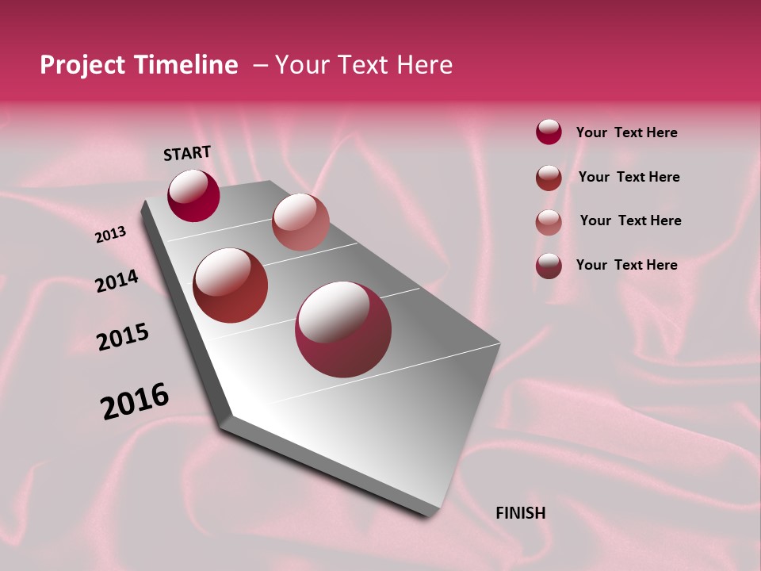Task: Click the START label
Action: pyautogui.click(x=187, y=153)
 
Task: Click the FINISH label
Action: pyautogui.click(x=520, y=513)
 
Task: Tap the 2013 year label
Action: pyautogui.click(x=111, y=235)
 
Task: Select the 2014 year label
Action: pyautogui.click(x=117, y=282)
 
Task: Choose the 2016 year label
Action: pyautogui.click(x=135, y=401)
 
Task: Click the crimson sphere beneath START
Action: pyautogui.click(x=193, y=196)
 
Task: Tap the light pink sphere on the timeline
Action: pyautogui.click(x=300, y=222)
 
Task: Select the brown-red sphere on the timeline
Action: pyautogui.click(x=231, y=285)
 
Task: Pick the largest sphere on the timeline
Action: pyautogui.click(x=343, y=329)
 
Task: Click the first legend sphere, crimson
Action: pyautogui.click(x=549, y=132)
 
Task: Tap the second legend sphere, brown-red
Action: pyautogui.click(x=549, y=177)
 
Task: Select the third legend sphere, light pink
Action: pyautogui.click(x=549, y=221)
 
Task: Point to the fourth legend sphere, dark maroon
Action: pyautogui.click(x=549, y=266)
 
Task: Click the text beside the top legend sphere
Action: pyautogui.click(x=626, y=132)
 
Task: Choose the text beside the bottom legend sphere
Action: pyautogui.click(x=626, y=265)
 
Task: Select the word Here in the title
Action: pyautogui.click(x=424, y=65)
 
